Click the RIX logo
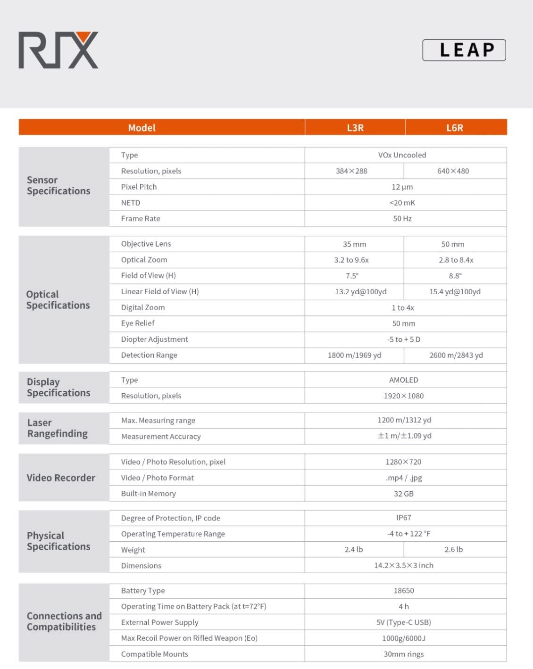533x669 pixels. pyautogui.click(x=58, y=50)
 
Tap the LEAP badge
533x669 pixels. pyautogui.click(x=464, y=50)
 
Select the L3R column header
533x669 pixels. pyautogui.click(x=355, y=128)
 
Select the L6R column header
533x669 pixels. pyautogui.click(x=455, y=128)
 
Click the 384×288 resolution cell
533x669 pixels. pyautogui.click(x=351, y=171)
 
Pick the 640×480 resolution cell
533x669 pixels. pyautogui.click(x=453, y=171)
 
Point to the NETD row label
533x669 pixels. pyautogui.click(x=131, y=203)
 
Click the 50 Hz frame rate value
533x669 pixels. pyautogui.click(x=402, y=219)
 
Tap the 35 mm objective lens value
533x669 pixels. pyautogui.click(x=354, y=244)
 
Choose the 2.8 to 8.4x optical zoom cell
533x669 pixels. pyautogui.click(x=456, y=260)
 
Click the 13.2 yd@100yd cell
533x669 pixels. pyautogui.click(x=360, y=292)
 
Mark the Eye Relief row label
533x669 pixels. pyautogui.click(x=138, y=323)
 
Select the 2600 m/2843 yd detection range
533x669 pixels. pyautogui.click(x=456, y=355)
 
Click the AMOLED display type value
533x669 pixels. pyautogui.click(x=403, y=380)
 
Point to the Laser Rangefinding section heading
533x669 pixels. pyautogui.click(x=58, y=428)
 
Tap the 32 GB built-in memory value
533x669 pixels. pyautogui.click(x=403, y=494)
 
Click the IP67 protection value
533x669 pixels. pyautogui.click(x=403, y=518)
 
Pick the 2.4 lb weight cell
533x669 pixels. pyautogui.click(x=354, y=550)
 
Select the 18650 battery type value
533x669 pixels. pyautogui.click(x=403, y=591)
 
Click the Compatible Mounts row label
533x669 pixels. pyautogui.click(x=155, y=654)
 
